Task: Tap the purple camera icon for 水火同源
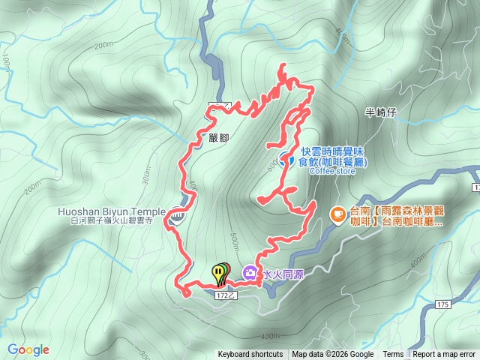pos(250,272)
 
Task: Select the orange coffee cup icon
pos(338,214)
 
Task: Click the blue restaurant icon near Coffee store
pos(286,159)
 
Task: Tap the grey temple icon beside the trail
pos(177,217)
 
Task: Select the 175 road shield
pos(442,304)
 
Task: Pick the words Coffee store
pos(331,171)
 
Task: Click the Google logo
pos(28,349)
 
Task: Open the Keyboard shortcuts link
pos(250,355)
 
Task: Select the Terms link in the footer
pos(393,355)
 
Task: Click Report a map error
pos(445,355)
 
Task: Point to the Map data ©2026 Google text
pos(333,355)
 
